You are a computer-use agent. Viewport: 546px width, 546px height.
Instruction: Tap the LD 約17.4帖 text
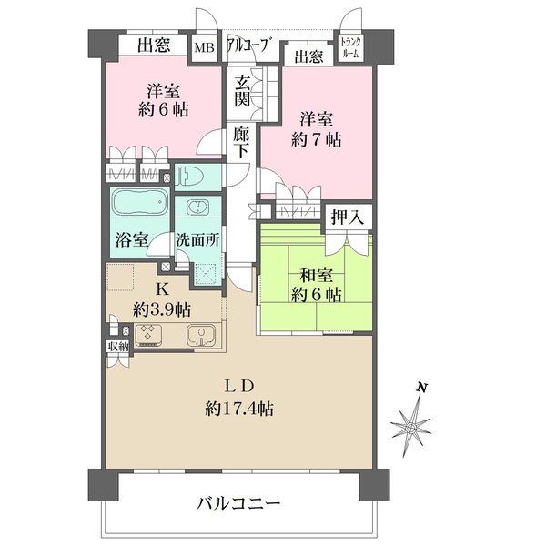click(238, 397)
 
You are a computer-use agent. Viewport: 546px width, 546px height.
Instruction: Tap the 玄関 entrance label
click(241, 90)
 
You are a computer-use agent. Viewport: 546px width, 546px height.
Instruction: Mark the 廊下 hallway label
click(241, 143)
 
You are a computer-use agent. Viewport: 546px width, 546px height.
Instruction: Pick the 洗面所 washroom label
click(197, 241)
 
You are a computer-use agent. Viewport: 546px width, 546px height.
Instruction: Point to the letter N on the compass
click(421, 388)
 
